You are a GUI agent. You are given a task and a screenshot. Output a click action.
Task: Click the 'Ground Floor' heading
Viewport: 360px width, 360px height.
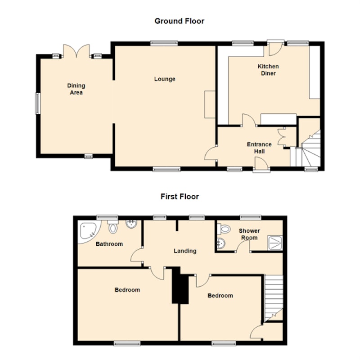pos(179,21)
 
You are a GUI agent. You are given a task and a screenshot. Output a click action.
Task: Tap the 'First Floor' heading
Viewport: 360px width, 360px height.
pos(180,197)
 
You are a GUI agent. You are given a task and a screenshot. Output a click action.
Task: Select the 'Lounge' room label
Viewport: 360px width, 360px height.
pos(165,79)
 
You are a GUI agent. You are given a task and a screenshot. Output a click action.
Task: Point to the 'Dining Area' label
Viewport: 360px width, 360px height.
pos(76,89)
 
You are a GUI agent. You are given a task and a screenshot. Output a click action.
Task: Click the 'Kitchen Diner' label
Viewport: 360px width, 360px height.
pos(268,70)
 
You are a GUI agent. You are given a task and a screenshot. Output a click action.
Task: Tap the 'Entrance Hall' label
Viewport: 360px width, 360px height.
pos(259,148)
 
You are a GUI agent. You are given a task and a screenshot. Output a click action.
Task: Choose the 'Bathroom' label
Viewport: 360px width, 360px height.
pos(109,244)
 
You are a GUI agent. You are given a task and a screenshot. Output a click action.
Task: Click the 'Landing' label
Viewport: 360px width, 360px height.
pos(185,251)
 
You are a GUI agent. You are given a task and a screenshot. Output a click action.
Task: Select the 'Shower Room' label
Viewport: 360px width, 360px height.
pos(249,234)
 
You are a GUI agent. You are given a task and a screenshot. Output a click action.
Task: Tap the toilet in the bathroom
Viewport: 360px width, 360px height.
pos(113,227)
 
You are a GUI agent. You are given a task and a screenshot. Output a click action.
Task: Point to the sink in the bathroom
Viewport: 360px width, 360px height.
pos(131,224)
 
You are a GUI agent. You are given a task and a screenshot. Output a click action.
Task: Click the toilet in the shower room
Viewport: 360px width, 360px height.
pos(224,229)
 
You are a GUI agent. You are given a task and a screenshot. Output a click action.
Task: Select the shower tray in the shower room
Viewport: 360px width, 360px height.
pos(275,243)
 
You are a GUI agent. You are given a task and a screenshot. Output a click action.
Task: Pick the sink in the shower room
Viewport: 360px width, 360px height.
pos(221,243)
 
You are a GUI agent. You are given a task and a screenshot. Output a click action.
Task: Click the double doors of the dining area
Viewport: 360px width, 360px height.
pos(76,51)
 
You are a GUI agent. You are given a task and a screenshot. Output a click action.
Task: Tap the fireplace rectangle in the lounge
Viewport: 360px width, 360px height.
pos(210,104)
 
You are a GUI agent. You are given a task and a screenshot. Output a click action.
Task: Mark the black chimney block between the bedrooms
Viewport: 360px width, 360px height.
pos(180,286)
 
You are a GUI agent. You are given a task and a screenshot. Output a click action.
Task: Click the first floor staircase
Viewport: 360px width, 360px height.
pos(274,298)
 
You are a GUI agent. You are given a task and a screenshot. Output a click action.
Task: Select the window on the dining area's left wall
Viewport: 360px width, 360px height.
pos(38,103)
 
